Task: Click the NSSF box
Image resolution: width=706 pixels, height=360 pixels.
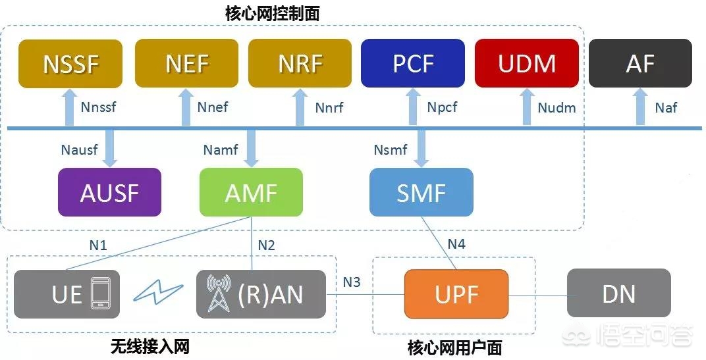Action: (x=70, y=64)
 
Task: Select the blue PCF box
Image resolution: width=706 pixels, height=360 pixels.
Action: (x=413, y=64)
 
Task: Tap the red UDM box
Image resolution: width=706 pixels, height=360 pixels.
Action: (x=527, y=64)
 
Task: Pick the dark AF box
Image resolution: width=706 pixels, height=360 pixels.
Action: (x=640, y=64)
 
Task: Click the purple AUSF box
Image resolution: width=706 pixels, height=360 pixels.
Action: (x=109, y=192)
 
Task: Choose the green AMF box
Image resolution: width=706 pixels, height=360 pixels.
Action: (x=251, y=192)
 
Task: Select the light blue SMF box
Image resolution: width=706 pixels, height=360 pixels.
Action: (x=421, y=192)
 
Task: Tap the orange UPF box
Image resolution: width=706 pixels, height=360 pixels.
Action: (x=456, y=294)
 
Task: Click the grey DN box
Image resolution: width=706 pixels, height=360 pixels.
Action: (x=619, y=294)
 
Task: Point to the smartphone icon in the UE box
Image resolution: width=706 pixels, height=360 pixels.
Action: (x=100, y=294)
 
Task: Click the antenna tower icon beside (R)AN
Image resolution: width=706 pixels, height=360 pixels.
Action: (x=219, y=294)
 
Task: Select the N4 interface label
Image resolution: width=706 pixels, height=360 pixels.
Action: (x=456, y=244)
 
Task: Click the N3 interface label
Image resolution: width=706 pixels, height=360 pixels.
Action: (x=352, y=282)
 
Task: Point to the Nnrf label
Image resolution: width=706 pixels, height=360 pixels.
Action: (x=329, y=107)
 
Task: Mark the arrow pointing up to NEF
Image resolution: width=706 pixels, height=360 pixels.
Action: (x=185, y=107)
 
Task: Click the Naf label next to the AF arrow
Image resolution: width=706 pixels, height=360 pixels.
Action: (x=666, y=107)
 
